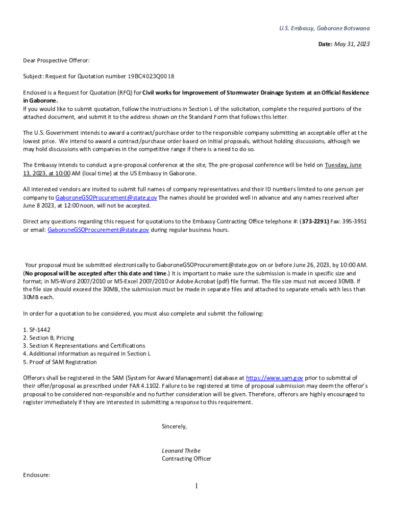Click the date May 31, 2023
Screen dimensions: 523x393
point(352,44)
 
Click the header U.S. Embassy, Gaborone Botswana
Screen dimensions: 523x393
point(325,28)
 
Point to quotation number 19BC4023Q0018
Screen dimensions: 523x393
point(151,77)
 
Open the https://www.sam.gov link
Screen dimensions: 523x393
point(275,378)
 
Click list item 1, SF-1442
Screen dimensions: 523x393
point(37,329)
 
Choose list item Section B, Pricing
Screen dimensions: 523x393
point(48,338)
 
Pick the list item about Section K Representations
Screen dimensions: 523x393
point(84,346)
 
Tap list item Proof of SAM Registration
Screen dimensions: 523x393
point(60,362)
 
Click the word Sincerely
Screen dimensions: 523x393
point(174,426)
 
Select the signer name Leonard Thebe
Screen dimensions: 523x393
point(181,450)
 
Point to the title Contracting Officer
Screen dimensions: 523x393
point(186,459)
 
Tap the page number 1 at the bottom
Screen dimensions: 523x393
point(196,486)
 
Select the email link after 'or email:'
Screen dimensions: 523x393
point(99,230)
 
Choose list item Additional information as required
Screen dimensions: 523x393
point(87,354)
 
